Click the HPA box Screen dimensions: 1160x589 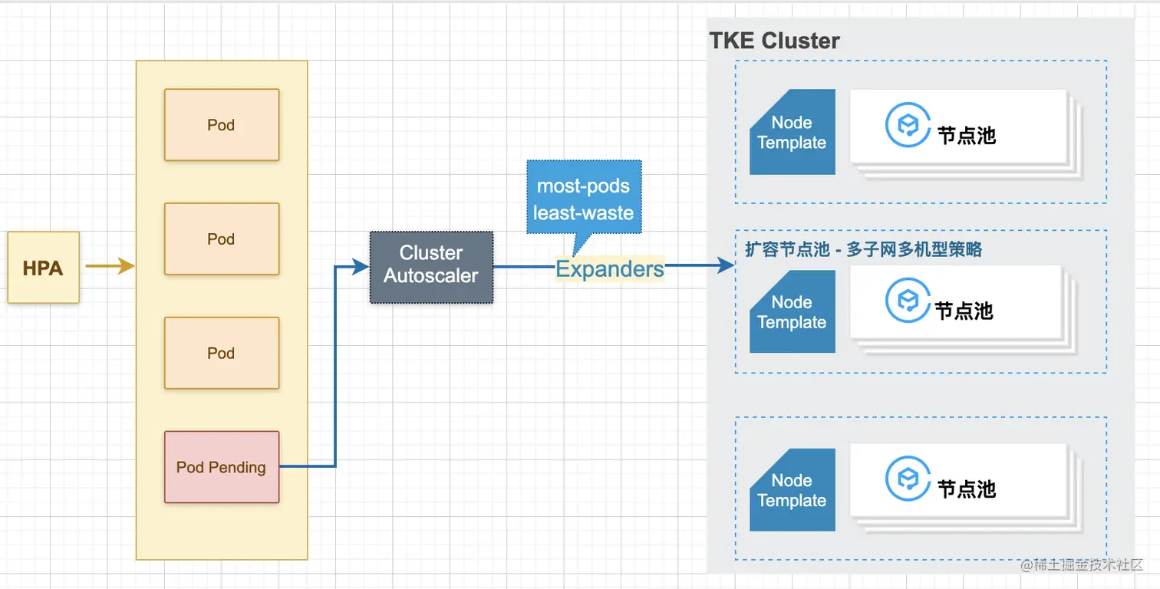pyautogui.click(x=44, y=267)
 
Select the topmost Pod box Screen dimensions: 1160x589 pyautogui.click(x=222, y=125)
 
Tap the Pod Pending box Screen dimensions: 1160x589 pyautogui.click(x=222, y=467)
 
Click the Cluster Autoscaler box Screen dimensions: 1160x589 pyautogui.click(x=431, y=267)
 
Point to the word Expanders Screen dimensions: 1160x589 pyautogui.click(x=609, y=269)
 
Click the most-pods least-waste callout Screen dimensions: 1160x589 pyautogui.click(x=584, y=199)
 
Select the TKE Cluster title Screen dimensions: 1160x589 pyautogui.click(x=774, y=41)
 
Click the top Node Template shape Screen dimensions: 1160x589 pyautogui.click(x=793, y=132)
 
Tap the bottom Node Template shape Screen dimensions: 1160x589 pyautogui.click(x=793, y=489)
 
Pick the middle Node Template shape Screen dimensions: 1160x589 pyautogui.click(x=793, y=311)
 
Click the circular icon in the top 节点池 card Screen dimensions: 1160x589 pyautogui.click(x=908, y=125)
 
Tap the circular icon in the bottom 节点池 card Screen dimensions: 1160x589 pyautogui.click(x=908, y=479)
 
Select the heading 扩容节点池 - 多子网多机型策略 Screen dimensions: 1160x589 pyautogui.click(x=863, y=249)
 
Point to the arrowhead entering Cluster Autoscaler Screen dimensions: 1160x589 pyautogui.click(x=361, y=267)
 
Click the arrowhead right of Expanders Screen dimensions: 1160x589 pyautogui.click(x=726, y=265)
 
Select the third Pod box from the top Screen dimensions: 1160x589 pyautogui.click(x=222, y=353)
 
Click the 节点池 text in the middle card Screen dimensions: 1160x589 pyautogui.click(x=964, y=311)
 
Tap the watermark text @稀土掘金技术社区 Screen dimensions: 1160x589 pyautogui.click(x=1081, y=564)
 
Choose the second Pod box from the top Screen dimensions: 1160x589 pyautogui.click(x=222, y=239)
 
